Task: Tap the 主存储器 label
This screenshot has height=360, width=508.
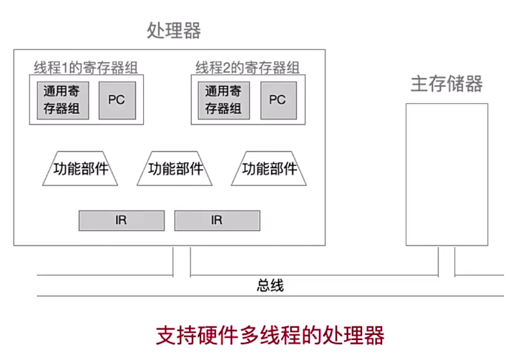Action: pyautogui.click(x=446, y=84)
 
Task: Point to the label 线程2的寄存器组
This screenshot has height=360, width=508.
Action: pyautogui.click(x=248, y=68)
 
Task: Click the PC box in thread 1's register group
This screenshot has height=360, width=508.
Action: pyautogui.click(x=116, y=100)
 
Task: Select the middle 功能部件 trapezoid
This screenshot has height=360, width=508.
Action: pyautogui.click(x=175, y=170)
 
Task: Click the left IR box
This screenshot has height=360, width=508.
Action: pyautogui.click(x=121, y=220)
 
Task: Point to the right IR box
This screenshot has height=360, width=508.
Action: pyautogui.click(x=217, y=220)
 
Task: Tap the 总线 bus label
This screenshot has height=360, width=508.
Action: pyautogui.click(x=270, y=286)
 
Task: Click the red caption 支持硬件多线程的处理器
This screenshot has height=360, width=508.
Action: pyautogui.click(x=270, y=335)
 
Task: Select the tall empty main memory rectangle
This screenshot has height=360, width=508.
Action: pyautogui.click(x=447, y=174)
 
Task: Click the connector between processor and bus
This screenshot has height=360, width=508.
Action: pyautogui.click(x=182, y=261)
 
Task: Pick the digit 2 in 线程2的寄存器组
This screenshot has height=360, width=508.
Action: pyautogui.click(x=225, y=69)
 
